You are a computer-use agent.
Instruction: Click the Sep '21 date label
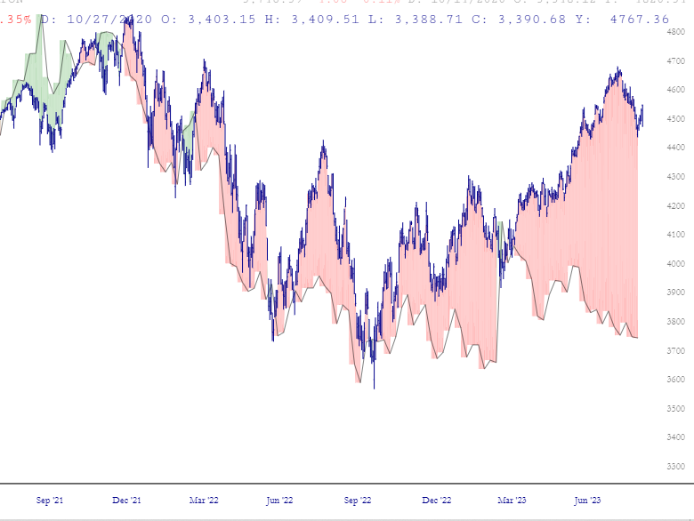[50, 501]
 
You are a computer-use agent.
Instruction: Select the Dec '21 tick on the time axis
[126, 501]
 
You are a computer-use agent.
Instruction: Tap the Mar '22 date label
[204, 501]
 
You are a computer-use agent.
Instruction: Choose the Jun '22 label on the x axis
[281, 501]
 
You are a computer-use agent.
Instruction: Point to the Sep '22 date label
[358, 501]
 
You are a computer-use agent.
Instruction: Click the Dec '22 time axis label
[435, 501]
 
